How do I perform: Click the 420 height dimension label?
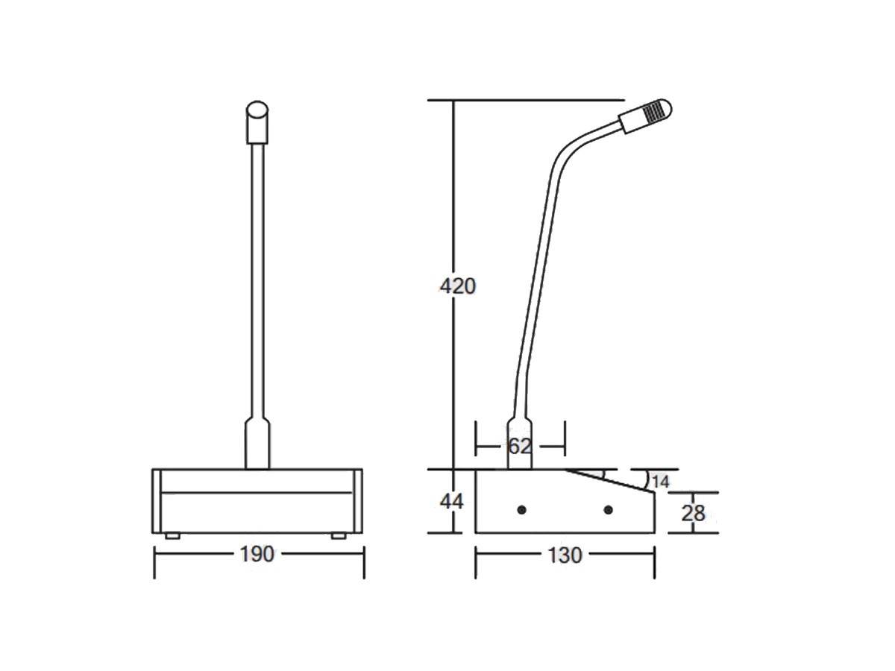pyautogui.click(x=457, y=286)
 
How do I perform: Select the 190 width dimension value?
pyautogui.click(x=257, y=555)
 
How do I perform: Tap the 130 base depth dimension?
pyautogui.click(x=564, y=555)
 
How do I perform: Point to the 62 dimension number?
pyautogui.click(x=519, y=447)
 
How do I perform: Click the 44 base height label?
pyautogui.click(x=450, y=502)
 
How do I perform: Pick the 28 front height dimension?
pyautogui.click(x=693, y=512)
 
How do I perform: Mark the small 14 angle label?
pyautogui.click(x=660, y=482)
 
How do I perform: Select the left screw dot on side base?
pyautogui.click(x=521, y=509)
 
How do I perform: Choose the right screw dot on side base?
pyautogui.click(x=609, y=509)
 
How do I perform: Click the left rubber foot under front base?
pyautogui.click(x=172, y=535)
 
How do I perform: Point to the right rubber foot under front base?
pyautogui.click(x=339, y=535)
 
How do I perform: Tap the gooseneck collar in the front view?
pyautogui.click(x=257, y=444)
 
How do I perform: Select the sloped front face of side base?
pyautogui.click(x=612, y=482)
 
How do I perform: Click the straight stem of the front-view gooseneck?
pyautogui.click(x=257, y=283)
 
